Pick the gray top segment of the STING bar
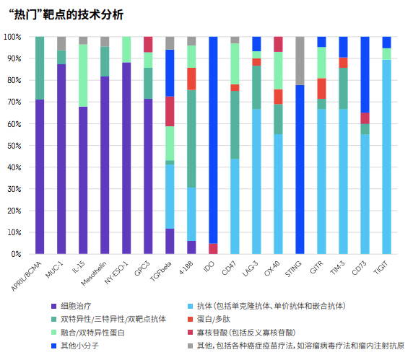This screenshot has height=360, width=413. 300,61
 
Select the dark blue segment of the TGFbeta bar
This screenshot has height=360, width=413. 170,73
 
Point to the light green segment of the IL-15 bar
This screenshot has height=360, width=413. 83,76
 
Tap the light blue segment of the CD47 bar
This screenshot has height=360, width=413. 235,206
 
